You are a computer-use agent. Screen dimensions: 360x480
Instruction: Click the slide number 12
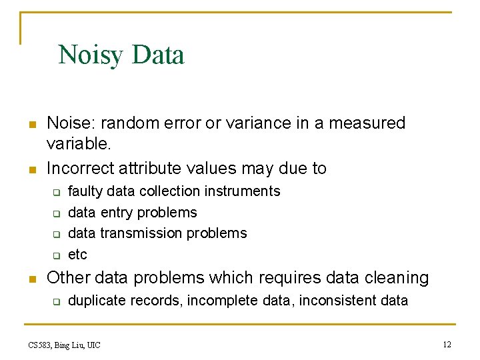point(447,344)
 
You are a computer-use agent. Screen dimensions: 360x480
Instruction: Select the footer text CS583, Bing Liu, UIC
point(64,345)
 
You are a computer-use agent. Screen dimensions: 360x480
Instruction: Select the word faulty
point(86,191)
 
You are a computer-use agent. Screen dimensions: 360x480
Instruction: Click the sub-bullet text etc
point(77,255)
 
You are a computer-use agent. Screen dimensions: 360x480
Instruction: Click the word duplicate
point(99,301)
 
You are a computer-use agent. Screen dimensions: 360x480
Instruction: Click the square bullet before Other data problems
point(31,279)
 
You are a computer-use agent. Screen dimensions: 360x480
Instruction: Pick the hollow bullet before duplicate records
point(57,301)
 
